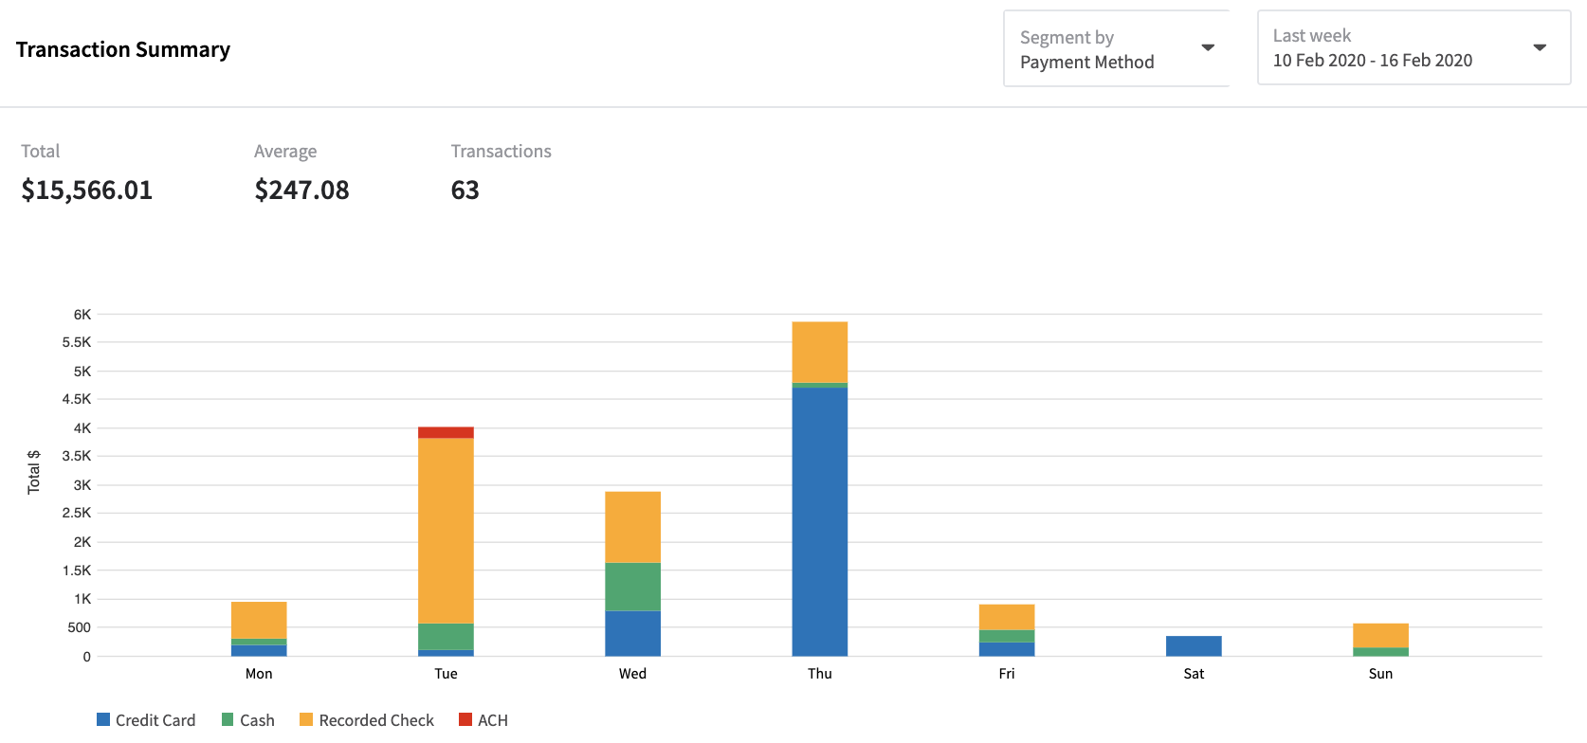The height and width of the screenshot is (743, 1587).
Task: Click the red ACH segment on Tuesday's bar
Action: pyautogui.click(x=446, y=432)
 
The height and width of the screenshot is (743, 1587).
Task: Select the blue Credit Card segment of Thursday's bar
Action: pyautogui.click(x=819, y=521)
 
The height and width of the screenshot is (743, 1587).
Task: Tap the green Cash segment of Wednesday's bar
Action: pyautogui.click(x=632, y=587)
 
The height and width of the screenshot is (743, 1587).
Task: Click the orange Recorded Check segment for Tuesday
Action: pyautogui.click(x=446, y=531)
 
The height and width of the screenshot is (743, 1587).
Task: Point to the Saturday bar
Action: pyautogui.click(x=1194, y=646)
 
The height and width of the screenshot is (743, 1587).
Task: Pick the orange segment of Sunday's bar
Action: pyautogui.click(x=1380, y=635)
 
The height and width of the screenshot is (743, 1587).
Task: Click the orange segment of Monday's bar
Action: pyautogui.click(x=259, y=620)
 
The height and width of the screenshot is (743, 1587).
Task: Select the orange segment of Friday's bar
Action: pyautogui.click(x=1007, y=617)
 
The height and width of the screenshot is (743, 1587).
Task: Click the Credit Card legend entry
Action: pyautogui.click(x=146, y=720)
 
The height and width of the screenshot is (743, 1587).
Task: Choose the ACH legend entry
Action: pyautogui.click(x=483, y=720)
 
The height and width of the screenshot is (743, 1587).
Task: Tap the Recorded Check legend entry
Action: pyautogui.click(x=367, y=720)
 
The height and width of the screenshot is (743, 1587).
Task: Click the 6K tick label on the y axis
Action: pyautogui.click(x=82, y=315)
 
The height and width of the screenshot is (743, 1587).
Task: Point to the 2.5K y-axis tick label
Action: pyautogui.click(x=77, y=513)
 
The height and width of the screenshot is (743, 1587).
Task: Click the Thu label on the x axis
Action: pyautogui.click(x=820, y=674)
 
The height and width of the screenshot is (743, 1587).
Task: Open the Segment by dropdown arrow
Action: pyautogui.click(x=1208, y=48)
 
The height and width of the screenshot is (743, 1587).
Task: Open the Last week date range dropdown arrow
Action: pyautogui.click(x=1540, y=47)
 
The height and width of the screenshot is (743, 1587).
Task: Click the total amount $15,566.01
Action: pyautogui.click(x=87, y=190)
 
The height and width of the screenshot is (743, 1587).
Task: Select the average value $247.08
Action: pyautogui.click(x=301, y=190)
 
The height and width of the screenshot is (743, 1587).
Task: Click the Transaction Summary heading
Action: pyautogui.click(x=123, y=49)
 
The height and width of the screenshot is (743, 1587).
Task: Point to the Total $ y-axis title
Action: pyautogui.click(x=34, y=472)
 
